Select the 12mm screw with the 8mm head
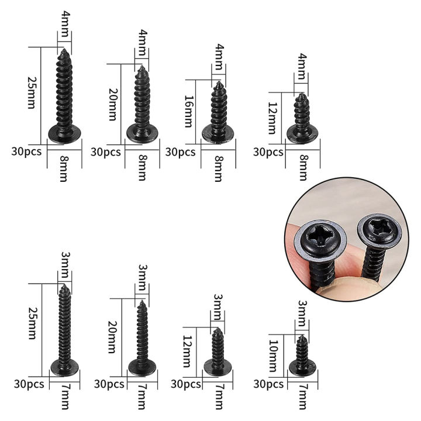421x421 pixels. coord(302,118)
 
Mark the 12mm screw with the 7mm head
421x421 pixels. coord(218,352)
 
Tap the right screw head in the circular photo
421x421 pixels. coord(379,234)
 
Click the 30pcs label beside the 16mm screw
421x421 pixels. coord(181,152)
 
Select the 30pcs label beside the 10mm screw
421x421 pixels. coord(268,384)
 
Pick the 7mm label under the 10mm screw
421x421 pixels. coord(302,400)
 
